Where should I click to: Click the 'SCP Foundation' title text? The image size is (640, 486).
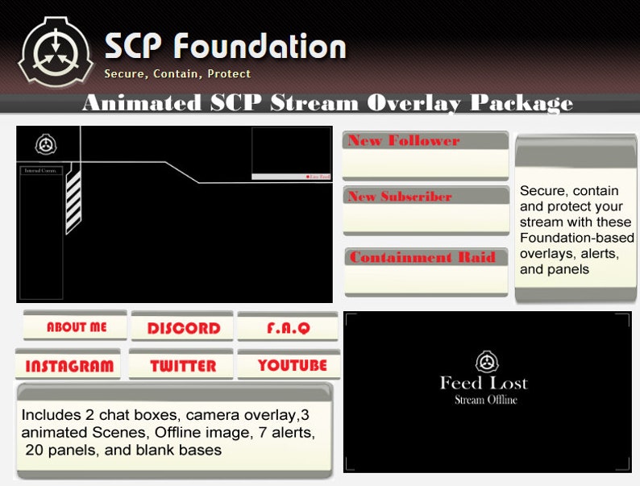point(225,46)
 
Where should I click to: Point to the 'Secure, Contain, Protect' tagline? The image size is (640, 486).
point(177,73)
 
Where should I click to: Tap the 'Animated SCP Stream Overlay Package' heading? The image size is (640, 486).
point(327,102)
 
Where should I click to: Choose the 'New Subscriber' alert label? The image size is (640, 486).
point(399,196)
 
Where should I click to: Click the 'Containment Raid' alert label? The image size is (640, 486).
point(422,257)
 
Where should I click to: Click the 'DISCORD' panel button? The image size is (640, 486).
point(183,328)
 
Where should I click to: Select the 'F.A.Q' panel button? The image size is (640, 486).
point(288,328)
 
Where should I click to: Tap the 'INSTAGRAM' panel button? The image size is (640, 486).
point(69,366)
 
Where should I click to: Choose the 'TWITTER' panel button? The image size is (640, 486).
point(183,366)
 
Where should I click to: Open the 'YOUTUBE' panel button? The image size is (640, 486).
point(292,365)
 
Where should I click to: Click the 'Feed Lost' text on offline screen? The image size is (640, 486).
point(484,383)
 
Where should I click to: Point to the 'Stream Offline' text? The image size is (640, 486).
point(485,400)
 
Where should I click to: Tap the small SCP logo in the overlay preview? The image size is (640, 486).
point(47,145)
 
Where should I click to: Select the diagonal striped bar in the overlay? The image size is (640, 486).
point(73,197)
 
